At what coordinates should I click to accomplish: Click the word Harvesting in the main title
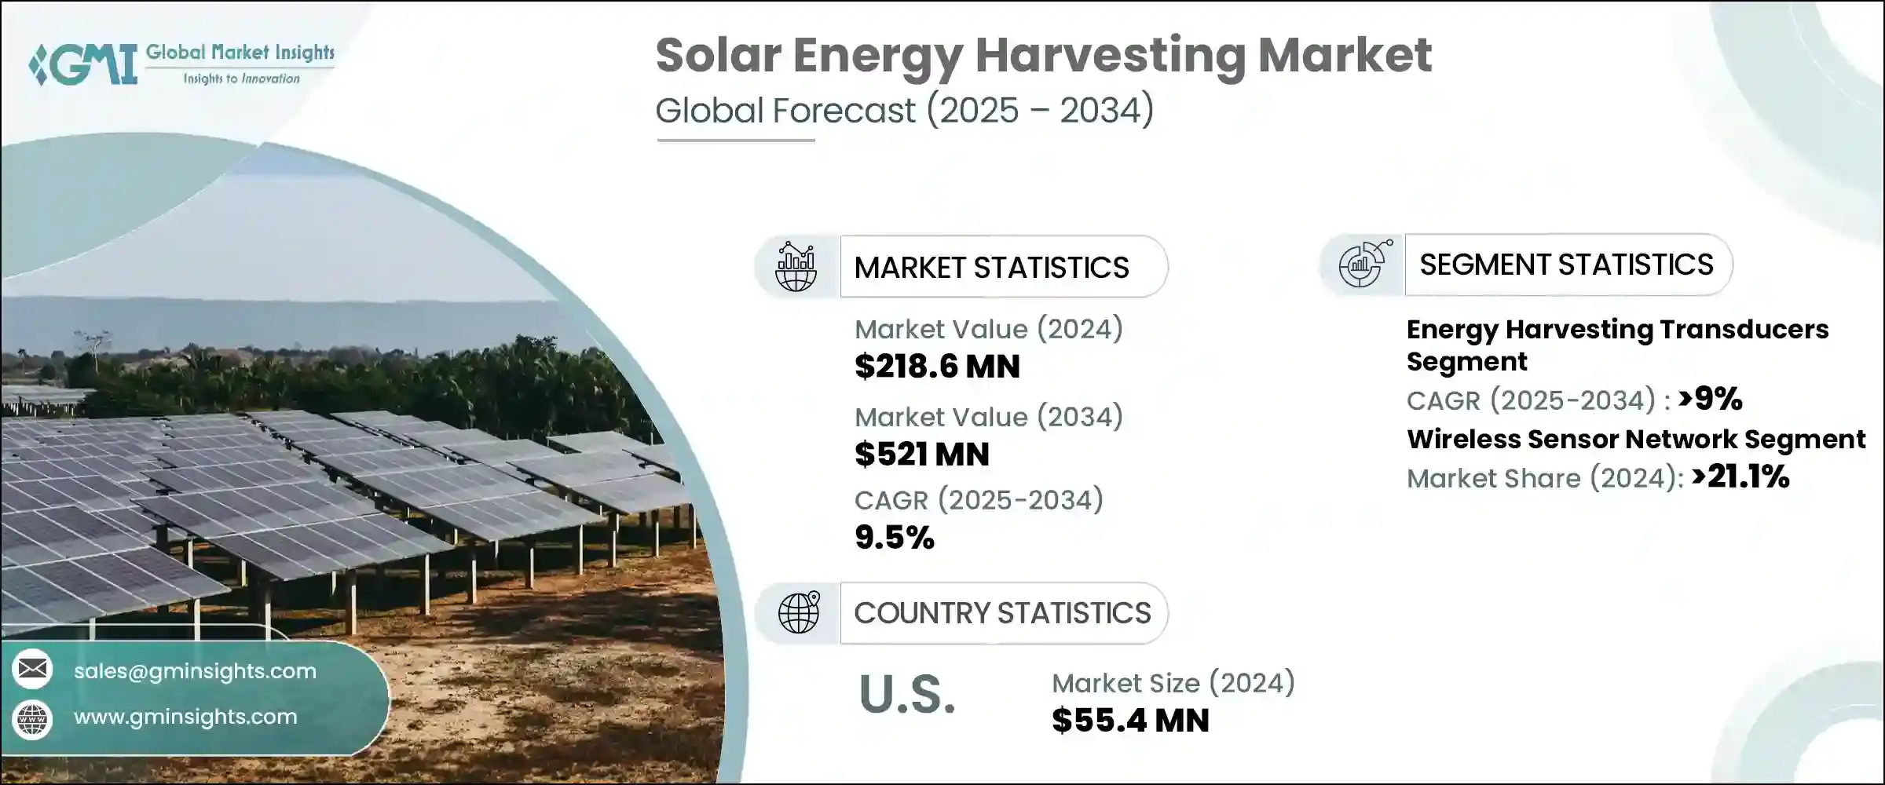(1110, 57)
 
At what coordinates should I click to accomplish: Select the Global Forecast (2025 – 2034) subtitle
(904, 110)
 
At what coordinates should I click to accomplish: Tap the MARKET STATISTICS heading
(991, 268)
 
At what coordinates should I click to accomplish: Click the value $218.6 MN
(937, 367)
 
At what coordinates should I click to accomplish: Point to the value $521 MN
(921, 455)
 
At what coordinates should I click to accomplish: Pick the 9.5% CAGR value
(894, 538)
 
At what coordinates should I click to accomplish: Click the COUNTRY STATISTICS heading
(1002, 613)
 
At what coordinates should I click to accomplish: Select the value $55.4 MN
(1130, 721)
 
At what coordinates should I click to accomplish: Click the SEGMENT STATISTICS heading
(1566, 265)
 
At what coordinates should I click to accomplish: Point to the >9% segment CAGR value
(1710, 399)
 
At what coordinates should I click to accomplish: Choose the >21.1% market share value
(1740, 476)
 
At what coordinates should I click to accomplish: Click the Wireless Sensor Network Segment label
(1635, 439)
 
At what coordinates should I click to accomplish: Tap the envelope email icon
(32, 669)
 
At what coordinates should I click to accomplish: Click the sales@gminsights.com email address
(195, 671)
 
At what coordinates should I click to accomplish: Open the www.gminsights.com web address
(185, 717)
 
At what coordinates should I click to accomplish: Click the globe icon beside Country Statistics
(798, 612)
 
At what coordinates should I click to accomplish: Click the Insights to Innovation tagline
(241, 78)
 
